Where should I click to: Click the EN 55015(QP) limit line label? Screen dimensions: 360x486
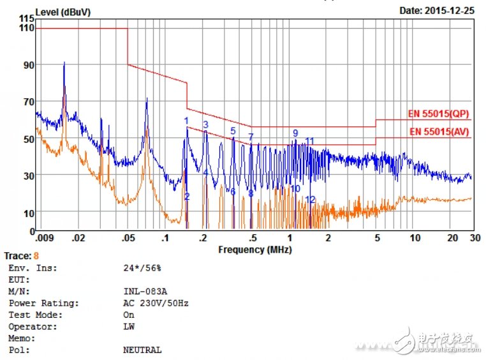(x=439, y=114)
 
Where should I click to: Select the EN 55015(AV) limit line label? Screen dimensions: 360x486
(x=439, y=132)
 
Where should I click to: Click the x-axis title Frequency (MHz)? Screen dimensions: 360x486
(x=254, y=250)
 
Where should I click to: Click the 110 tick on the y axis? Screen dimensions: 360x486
(x=27, y=28)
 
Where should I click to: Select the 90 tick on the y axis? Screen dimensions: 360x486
(x=28, y=65)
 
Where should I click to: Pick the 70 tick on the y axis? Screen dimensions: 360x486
(x=28, y=102)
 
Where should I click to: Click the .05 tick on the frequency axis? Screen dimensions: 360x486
(x=128, y=238)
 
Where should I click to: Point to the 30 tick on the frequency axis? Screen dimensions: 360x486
(x=472, y=238)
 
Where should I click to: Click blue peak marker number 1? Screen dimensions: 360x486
(x=186, y=121)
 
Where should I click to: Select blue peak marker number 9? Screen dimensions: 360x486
(x=295, y=133)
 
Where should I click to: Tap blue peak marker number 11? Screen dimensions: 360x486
(x=310, y=141)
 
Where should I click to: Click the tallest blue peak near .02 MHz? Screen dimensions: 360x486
(x=64, y=63)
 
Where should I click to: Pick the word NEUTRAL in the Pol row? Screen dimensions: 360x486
(x=142, y=350)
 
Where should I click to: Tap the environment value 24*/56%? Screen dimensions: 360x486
(x=142, y=268)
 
